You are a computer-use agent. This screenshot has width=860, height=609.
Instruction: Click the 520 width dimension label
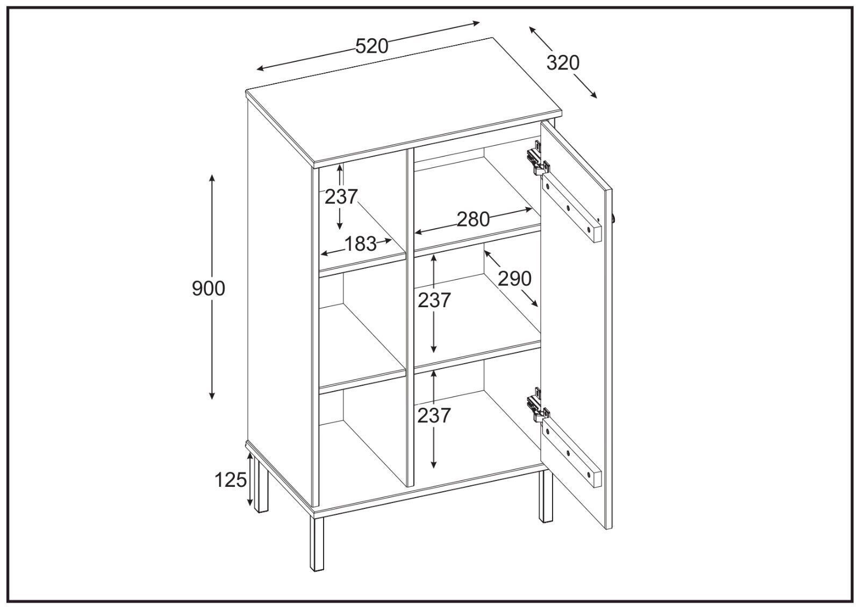[371, 46]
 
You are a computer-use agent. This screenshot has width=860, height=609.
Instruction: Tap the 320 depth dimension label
[563, 63]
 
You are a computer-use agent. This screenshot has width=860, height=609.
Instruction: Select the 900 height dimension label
[209, 288]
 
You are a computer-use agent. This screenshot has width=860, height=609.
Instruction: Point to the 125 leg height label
[231, 480]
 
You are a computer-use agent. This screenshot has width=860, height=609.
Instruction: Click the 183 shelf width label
[361, 244]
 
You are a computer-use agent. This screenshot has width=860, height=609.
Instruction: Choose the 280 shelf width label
[473, 219]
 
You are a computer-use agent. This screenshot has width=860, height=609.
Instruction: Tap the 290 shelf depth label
[514, 279]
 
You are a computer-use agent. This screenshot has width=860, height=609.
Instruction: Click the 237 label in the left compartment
[341, 197]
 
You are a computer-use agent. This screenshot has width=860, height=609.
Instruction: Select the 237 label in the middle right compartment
[434, 301]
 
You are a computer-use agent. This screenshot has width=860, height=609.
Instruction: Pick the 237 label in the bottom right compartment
[434, 416]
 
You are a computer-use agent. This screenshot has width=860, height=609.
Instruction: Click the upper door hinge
[538, 159]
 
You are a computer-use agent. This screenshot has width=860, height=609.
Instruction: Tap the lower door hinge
[538, 407]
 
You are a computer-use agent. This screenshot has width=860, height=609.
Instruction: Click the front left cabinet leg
[317, 544]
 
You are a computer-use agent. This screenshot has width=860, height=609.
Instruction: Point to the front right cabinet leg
[546, 497]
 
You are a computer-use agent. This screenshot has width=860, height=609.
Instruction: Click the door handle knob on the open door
[613, 218]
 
